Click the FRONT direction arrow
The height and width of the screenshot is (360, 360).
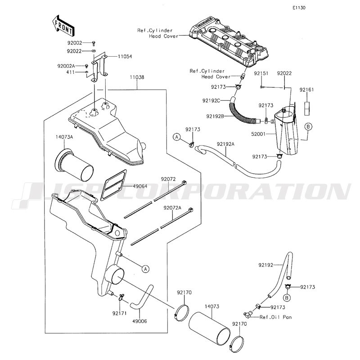coord(62,26)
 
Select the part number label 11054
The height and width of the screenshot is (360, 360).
coord(125,57)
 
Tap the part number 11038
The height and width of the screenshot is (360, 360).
coord(137,77)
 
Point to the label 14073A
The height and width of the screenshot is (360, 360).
coord(64,137)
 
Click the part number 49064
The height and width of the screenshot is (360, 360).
coord(140,186)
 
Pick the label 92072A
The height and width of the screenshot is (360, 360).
coord(172,208)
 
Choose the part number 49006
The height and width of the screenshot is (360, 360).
coord(139,321)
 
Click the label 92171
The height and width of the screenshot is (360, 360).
coord(119,313)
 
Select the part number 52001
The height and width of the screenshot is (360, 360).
coord(258,134)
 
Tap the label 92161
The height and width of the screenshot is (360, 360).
coord(306,90)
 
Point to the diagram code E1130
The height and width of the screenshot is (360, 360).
coord(299,8)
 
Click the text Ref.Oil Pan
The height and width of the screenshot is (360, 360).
coord(275,317)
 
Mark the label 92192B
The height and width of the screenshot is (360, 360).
coord(215,117)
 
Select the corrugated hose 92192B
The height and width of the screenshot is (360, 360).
coord(244,112)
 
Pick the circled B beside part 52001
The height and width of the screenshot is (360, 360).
coord(308,126)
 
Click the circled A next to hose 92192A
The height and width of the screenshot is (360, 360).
coord(176,137)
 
